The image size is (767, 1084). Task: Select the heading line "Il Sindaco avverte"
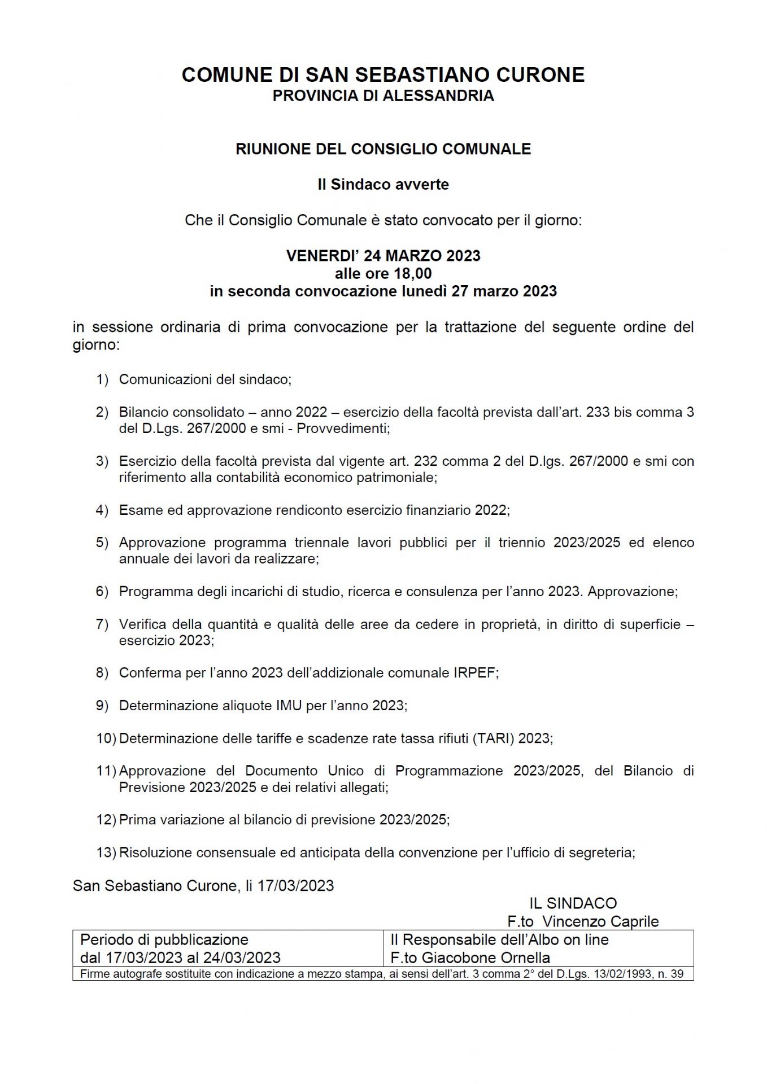(x=383, y=185)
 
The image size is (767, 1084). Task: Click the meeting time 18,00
(x=413, y=274)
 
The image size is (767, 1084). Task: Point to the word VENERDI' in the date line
(x=323, y=256)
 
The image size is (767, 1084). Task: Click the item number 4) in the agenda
(x=102, y=510)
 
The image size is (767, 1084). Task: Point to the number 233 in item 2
(x=598, y=412)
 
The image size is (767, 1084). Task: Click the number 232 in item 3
(x=426, y=461)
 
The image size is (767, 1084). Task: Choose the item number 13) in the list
(x=106, y=853)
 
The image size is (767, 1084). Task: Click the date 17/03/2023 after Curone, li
(x=295, y=885)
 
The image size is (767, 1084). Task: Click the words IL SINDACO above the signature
(x=573, y=903)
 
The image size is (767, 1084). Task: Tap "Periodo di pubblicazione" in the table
(x=164, y=939)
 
